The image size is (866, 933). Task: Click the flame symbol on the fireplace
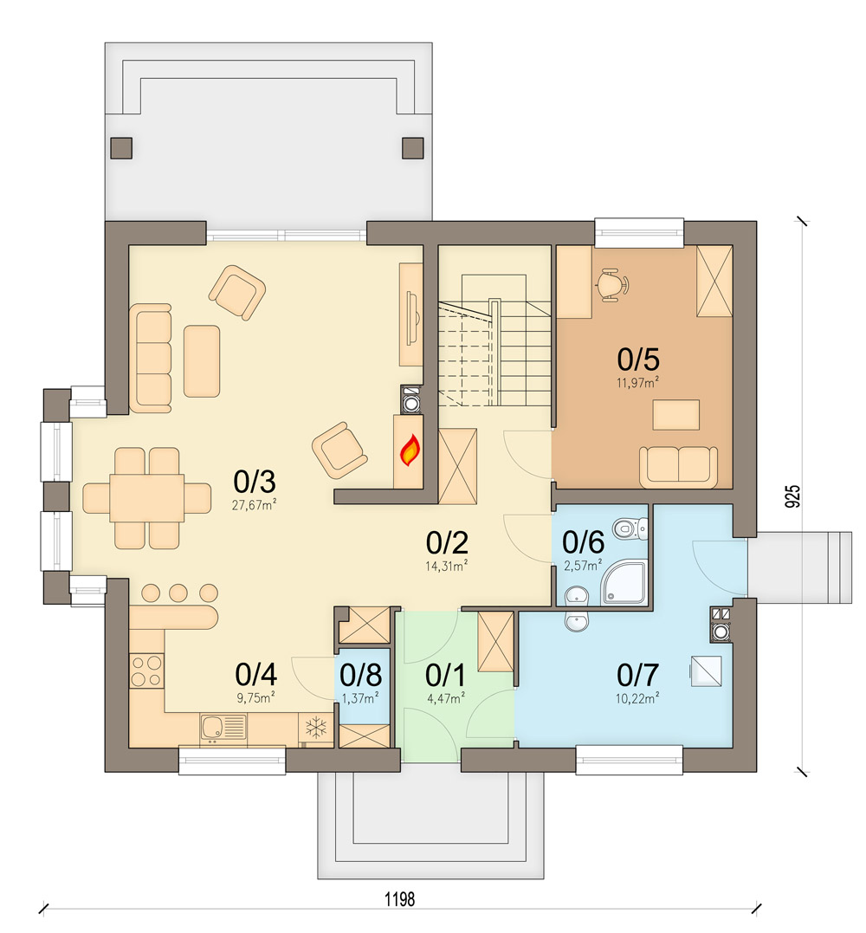[410, 450]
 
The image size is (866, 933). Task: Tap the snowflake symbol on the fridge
[317, 728]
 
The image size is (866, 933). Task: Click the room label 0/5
[639, 358]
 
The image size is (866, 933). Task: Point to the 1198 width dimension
[400, 899]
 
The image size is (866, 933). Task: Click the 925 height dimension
[792, 495]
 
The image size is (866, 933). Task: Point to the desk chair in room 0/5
[613, 283]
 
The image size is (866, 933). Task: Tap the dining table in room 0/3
[146, 498]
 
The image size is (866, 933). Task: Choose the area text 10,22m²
[639, 696]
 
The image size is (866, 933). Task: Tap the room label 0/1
[444, 674]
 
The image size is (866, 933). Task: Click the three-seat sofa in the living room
[154, 357]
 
